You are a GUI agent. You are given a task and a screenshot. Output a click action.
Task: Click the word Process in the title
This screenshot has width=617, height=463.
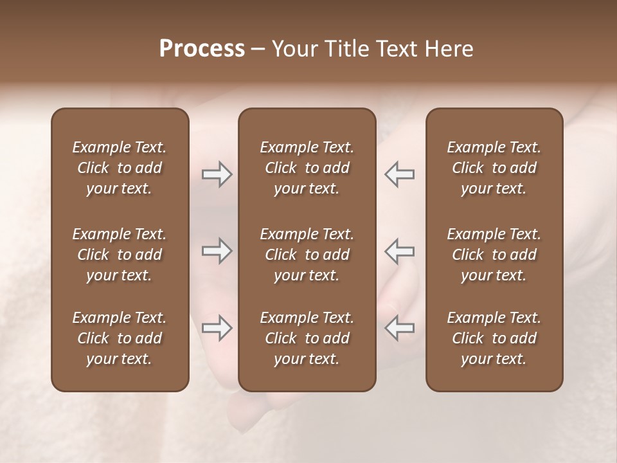pyautogui.click(x=202, y=49)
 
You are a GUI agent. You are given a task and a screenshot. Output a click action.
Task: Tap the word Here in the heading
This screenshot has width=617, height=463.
pyautogui.click(x=447, y=49)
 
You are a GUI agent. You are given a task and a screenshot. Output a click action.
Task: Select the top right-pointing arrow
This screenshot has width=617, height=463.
pyautogui.click(x=217, y=174)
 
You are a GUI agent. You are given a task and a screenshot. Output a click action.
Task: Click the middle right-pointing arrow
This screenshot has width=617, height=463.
pyautogui.click(x=217, y=250)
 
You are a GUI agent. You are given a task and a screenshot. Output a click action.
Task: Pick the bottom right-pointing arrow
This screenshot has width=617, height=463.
pyautogui.click(x=217, y=327)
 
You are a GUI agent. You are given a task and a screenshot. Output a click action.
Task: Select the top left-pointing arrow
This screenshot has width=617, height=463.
pyautogui.click(x=399, y=174)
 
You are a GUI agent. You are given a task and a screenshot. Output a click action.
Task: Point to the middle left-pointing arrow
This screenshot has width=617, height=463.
pyautogui.click(x=399, y=250)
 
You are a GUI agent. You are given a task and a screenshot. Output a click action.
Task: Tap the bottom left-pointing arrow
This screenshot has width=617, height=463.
pyautogui.click(x=399, y=327)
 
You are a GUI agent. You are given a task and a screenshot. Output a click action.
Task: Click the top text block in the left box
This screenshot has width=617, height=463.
pyautogui.click(x=120, y=168)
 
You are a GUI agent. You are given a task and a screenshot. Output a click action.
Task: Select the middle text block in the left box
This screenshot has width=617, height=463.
pyautogui.click(x=120, y=255)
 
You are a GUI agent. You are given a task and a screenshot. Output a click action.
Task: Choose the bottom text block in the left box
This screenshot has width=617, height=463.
pyautogui.click(x=120, y=338)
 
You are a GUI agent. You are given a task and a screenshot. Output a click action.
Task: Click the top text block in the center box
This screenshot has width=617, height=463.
pyautogui.click(x=307, y=168)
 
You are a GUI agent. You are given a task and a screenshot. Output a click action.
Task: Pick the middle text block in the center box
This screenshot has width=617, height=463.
pyautogui.click(x=307, y=255)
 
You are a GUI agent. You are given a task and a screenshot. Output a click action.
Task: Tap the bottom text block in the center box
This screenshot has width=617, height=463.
pyautogui.click(x=307, y=338)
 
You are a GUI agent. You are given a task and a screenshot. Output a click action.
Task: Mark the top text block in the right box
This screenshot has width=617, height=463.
pyautogui.click(x=494, y=168)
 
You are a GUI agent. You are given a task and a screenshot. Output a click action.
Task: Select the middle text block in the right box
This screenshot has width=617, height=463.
pyautogui.click(x=494, y=255)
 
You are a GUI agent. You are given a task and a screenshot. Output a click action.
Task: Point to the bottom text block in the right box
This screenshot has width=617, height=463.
pyautogui.click(x=494, y=338)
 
